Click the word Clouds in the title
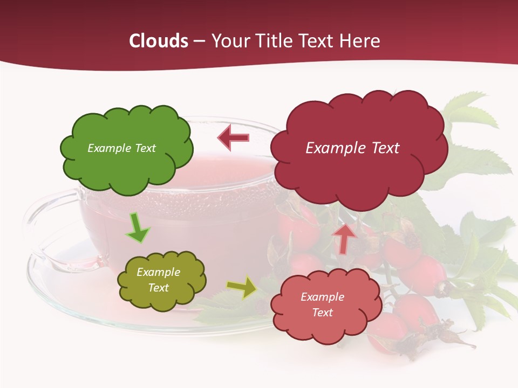pyautogui.click(x=159, y=41)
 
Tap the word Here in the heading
pyautogui.click(x=361, y=41)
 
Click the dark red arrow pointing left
pyautogui.click(x=234, y=138)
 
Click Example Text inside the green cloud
pyautogui.click(x=121, y=148)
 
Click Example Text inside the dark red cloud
pyautogui.click(x=352, y=148)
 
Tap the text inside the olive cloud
pyautogui.click(x=158, y=280)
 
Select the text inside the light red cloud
pyautogui.click(x=322, y=304)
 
